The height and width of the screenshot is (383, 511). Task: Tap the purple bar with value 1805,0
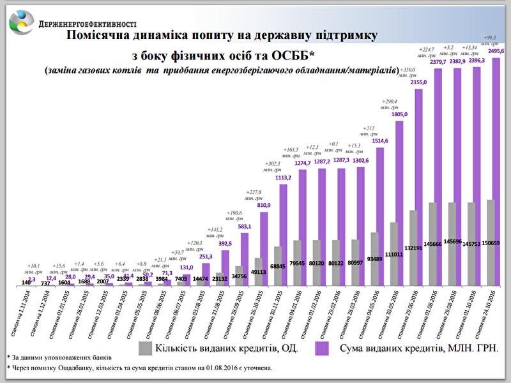point(399,204)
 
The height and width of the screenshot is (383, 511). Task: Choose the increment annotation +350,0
point(407,69)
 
